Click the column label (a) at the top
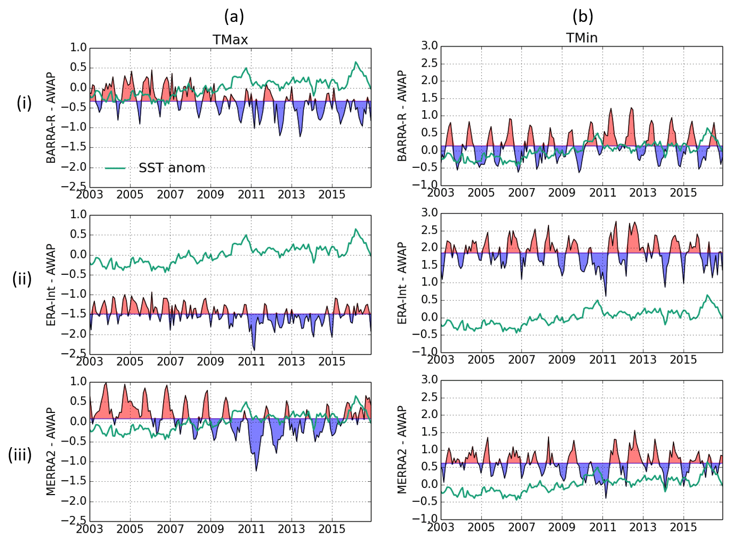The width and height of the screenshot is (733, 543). click(x=234, y=16)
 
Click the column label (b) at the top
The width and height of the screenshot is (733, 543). click(x=583, y=16)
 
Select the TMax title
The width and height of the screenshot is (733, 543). click(x=230, y=40)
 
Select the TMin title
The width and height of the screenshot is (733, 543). click(x=582, y=38)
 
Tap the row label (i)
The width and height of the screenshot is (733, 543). click(x=24, y=103)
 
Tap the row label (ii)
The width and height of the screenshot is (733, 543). click(x=22, y=279)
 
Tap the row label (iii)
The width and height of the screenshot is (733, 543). click(x=20, y=454)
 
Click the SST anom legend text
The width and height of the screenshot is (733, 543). click(x=172, y=168)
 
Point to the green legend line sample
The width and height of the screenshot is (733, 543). click(x=115, y=168)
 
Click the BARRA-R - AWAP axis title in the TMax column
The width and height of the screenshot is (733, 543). click(x=51, y=118)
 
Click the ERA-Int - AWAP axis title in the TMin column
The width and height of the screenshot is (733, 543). click(x=402, y=283)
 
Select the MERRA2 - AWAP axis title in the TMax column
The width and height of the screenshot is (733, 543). click(x=51, y=451)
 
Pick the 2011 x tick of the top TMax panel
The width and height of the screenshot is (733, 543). click(x=251, y=194)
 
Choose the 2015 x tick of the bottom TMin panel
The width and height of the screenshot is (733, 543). click(x=683, y=527)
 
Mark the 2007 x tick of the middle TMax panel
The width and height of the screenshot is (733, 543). click(x=170, y=361)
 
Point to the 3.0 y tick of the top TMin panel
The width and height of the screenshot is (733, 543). click(x=430, y=46)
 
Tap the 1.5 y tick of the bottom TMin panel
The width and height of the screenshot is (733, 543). click(x=430, y=432)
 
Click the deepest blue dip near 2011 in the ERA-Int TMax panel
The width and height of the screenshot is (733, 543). click(x=254, y=350)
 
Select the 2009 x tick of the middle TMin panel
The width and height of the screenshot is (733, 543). click(x=562, y=359)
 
